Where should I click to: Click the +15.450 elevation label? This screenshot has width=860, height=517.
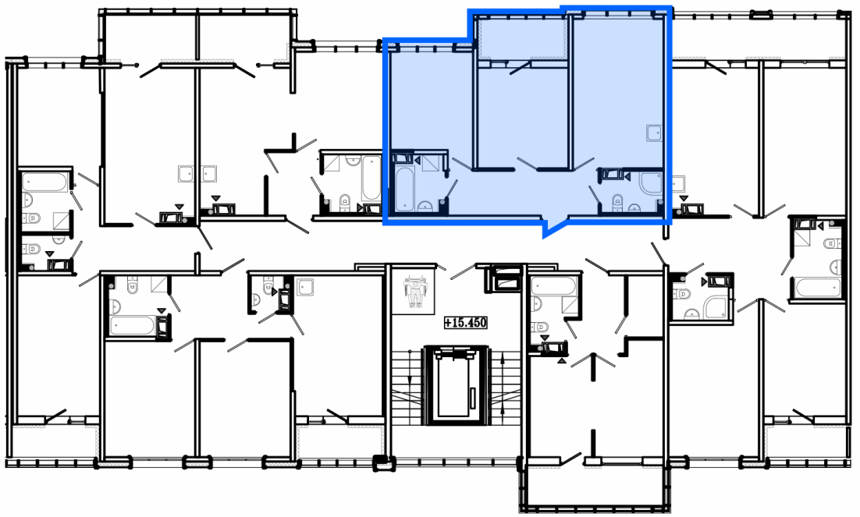pos(466,322)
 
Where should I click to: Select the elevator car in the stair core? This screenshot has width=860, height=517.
pos(455,385)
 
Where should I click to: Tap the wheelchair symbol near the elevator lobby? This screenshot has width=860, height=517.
pos(416,292)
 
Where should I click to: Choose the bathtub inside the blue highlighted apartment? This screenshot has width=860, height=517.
pos(406,189)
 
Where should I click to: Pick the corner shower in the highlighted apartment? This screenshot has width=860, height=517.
pos(651,183)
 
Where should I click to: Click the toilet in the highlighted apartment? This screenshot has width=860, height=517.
pos(617,201)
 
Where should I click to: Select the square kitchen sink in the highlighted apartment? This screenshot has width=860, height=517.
pos(654,133)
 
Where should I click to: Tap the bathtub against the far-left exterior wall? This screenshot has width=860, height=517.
pos(45,182)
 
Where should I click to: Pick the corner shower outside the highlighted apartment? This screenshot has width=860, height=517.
pos(716,307)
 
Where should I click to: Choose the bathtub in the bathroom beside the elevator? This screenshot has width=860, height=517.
pos(553,285)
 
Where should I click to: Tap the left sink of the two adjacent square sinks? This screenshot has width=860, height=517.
pos(187,173)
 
